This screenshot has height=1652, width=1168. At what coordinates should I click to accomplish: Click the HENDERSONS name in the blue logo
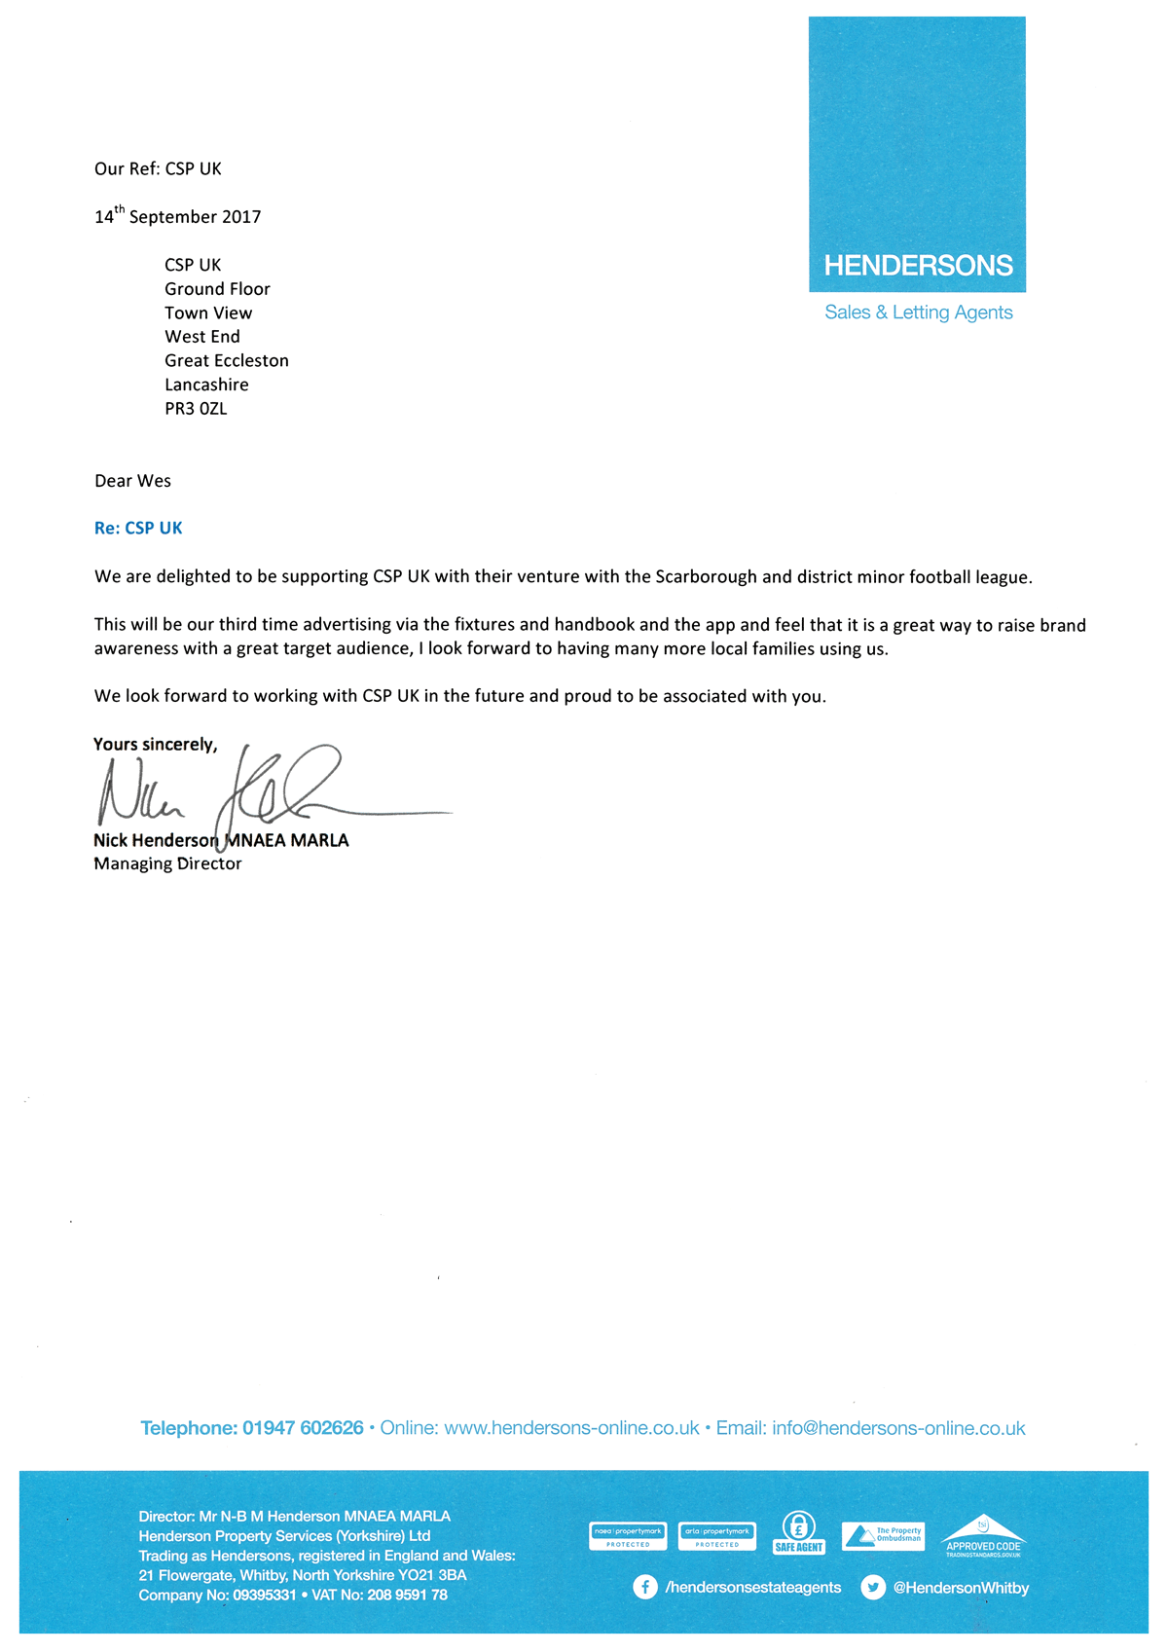918,266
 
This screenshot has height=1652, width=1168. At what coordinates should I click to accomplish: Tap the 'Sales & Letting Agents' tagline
918,312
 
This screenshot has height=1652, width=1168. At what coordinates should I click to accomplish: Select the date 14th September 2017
178,216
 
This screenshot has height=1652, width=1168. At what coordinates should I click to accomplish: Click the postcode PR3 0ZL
196,409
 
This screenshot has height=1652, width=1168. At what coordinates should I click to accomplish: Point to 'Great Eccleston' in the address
227,361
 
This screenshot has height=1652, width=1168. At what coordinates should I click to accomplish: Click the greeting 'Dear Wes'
132,481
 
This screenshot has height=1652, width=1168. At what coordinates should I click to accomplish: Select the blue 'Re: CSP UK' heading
138,529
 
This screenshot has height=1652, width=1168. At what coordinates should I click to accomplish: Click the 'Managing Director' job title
167,864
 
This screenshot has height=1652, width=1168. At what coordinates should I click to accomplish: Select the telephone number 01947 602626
303,1428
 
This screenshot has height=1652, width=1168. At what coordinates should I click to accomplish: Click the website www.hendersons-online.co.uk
571,1428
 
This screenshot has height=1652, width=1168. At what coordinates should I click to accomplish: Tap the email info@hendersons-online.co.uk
898,1428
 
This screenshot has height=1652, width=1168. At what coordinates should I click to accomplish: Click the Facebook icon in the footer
644,1588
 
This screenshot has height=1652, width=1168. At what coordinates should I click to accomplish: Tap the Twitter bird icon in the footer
873,1588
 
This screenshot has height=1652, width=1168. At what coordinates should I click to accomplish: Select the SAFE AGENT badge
799,1533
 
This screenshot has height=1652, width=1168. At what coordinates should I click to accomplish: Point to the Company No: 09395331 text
217,1596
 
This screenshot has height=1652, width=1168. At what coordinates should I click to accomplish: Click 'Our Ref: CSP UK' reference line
158,169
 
